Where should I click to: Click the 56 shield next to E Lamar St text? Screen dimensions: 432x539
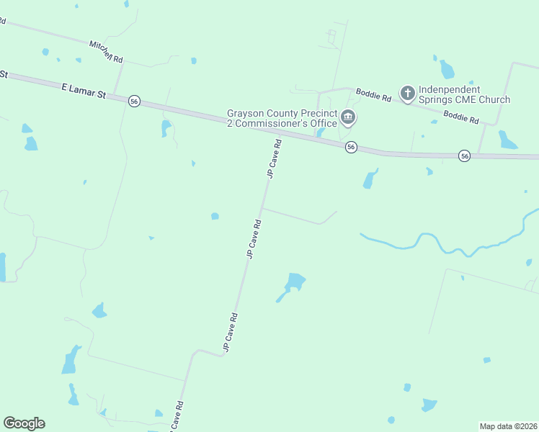tap(134, 102)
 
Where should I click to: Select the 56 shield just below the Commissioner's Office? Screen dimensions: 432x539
tap(350, 147)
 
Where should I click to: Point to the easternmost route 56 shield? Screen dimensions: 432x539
tap(465, 156)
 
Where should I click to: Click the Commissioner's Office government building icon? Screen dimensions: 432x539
tap(348, 117)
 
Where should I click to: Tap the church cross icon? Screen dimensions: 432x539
tap(407, 93)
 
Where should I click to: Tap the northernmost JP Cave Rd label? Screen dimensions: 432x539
tap(273, 159)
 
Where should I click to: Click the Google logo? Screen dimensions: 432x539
tap(24, 423)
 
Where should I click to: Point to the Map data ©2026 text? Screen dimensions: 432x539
tap(508, 426)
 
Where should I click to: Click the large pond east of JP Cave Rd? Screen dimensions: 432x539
tap(295, 281)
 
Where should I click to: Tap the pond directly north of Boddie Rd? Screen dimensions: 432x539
tap(447, 69)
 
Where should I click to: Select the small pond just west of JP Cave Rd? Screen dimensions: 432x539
tap(215, 216)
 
